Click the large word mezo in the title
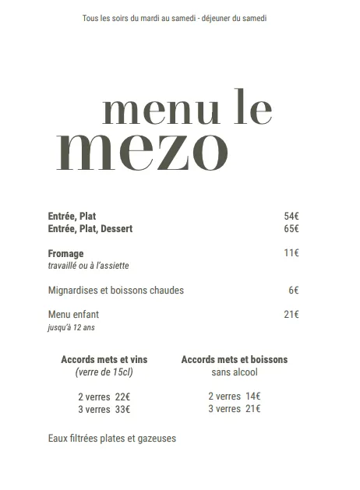click(x=143, y=151)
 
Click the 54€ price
click(x=291, y=216)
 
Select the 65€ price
click(x=291, y=229)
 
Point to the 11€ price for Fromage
click(x=291, y=253)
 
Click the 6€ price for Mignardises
click(x=293, y=291)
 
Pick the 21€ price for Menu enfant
click(x=291, y=315)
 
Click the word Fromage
click(x=65, y=254)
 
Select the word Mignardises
click(x=75, y=291)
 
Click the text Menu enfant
click(x=73, y=315)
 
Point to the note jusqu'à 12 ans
click(x=71, y=328)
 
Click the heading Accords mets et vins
click(x=104, y=360)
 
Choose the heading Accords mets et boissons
click(x=234, y=360)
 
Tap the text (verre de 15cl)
click(x=104, y=372)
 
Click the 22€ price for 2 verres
click(x=122, y=397)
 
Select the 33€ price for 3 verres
click(x=122, y=409)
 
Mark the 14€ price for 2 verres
click(x=252, y=396)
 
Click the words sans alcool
click(x=234, y=372)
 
